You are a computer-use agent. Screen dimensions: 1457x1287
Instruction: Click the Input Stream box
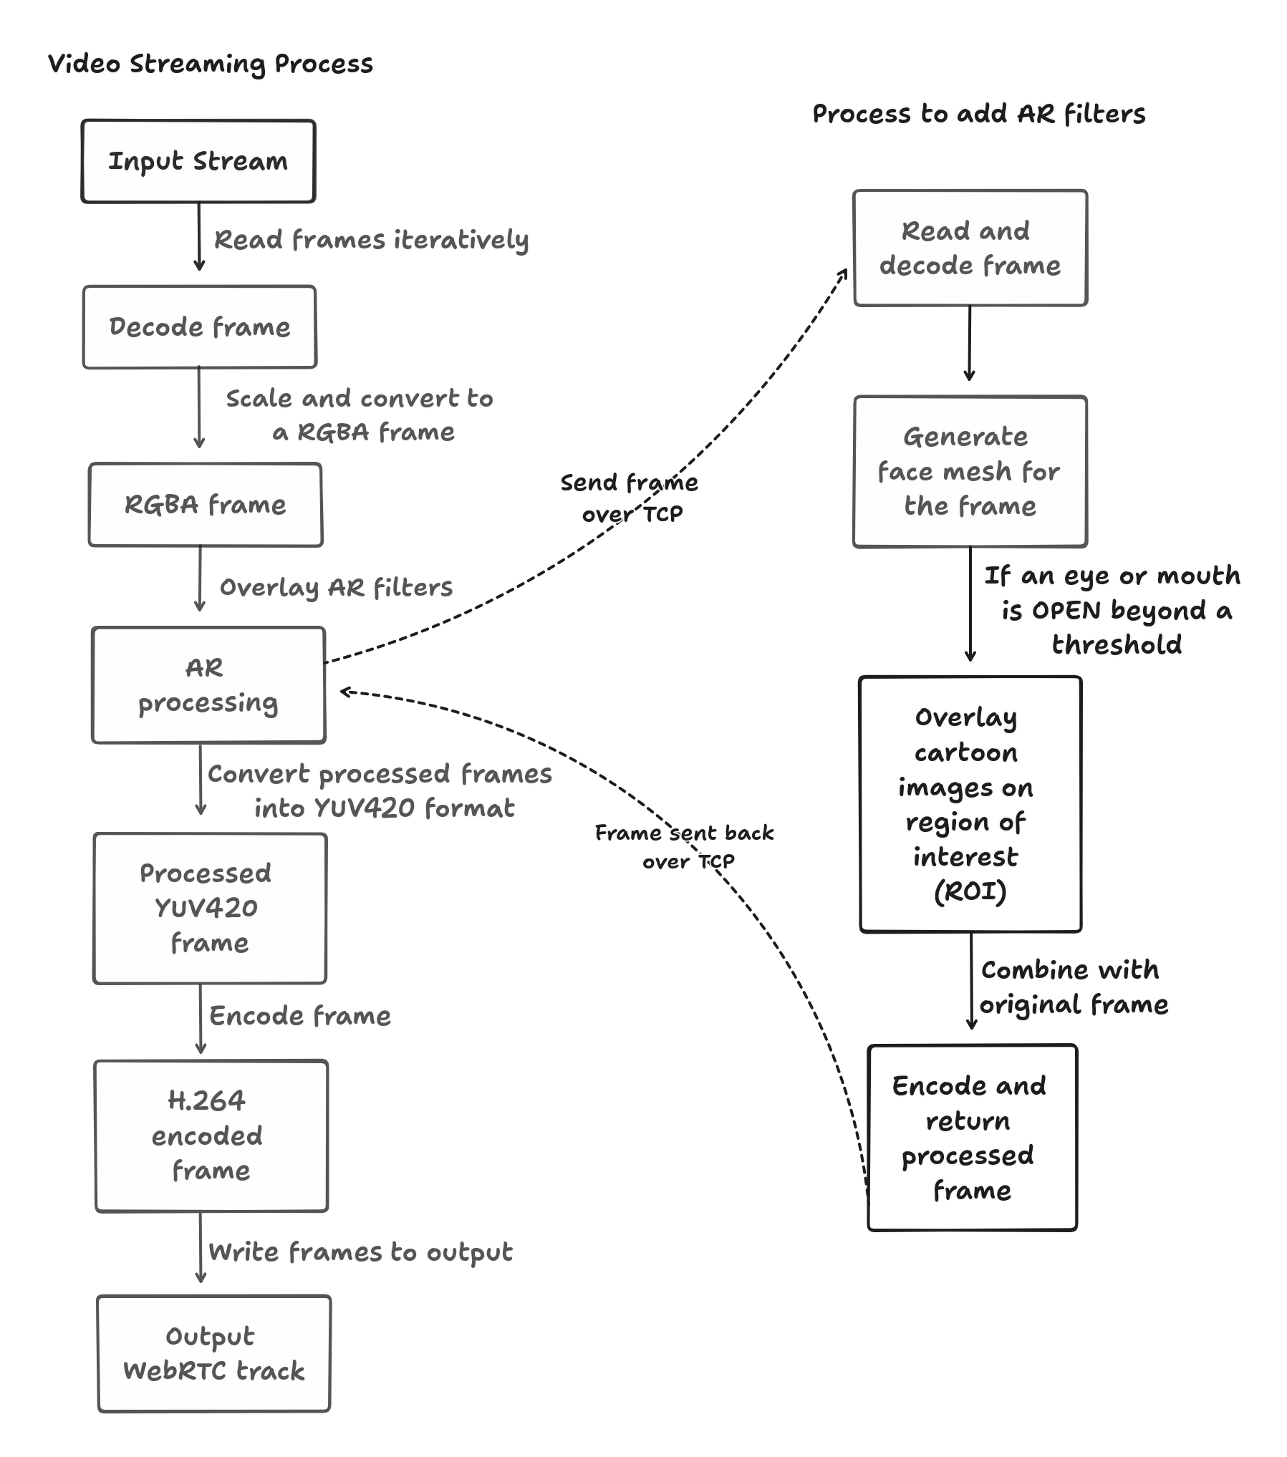click(x=198, y=161)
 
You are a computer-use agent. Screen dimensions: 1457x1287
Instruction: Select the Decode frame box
click(x=199, y=327)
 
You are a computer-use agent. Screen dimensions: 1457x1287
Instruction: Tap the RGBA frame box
click(x=206, y=505)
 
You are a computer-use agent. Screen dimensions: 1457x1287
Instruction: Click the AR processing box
click(x=208, y=685)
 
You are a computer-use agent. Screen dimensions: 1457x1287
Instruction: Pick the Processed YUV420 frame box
click(x=209, y=908)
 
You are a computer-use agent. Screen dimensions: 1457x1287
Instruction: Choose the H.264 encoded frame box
click(x=211, y=1136)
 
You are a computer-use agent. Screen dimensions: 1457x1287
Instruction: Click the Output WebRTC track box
click(x=213, y=1353)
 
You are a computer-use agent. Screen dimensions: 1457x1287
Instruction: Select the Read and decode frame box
click(x=970, y=248)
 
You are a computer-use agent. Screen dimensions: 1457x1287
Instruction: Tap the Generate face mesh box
click(x=970, y=471)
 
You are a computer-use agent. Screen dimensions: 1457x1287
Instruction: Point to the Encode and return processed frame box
click(x=972, y=1138)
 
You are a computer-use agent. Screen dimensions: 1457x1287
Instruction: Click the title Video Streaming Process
click(x=210, y=64)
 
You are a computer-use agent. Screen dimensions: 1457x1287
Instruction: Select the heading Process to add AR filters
click(x=978, y=114)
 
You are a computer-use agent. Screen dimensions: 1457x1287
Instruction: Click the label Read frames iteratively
click(x=371, y=240)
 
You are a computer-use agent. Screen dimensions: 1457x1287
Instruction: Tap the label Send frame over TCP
click(x=630, y=498)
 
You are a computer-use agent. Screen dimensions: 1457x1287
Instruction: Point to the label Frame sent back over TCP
click(x=685, y=846)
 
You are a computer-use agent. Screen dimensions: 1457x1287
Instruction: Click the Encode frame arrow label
click(x=300, y=1016)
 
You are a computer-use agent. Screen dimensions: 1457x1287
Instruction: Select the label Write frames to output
click(x=360, y=1252)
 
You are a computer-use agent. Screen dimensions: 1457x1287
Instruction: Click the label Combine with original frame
click(x=1073, y=987)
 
